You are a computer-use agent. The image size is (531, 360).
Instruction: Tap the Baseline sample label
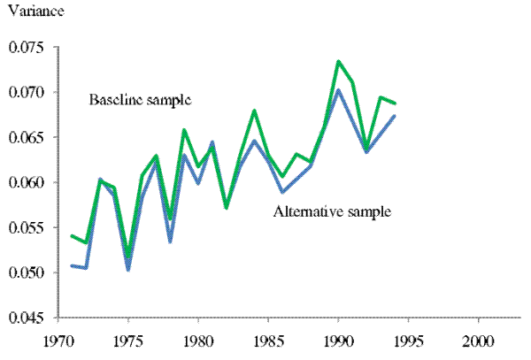pos(140,99)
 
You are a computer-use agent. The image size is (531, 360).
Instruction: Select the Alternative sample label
pos(332,212)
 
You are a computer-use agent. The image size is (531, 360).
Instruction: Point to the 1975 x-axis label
pos(128,339)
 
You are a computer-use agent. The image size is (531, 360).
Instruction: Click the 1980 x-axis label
pos(198,339)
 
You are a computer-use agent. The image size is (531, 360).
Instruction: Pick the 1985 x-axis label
pos(268,339)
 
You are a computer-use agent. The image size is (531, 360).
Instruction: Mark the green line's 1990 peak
pos(338,61)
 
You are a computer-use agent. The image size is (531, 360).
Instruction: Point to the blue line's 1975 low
pos(128,270)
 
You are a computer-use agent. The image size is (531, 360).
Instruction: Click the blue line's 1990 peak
pos(338,89)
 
